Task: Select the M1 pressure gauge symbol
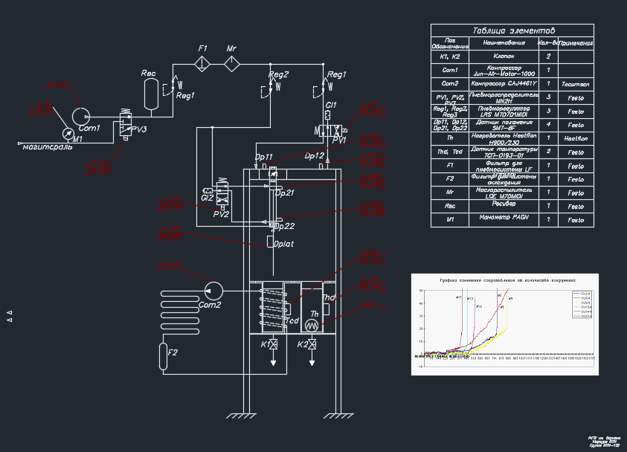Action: pyautogui.click(x=69, y=133)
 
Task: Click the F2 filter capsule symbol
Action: pyautogui.click(x=164, y=356)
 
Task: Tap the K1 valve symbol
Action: pyautogui.click(x=274, y=344)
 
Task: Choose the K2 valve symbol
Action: pyautogui.click(x=312, y=344)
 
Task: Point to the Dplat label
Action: pyautogui.click(x=283, y=243)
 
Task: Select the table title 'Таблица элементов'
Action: pyautogui.click(x=512, y=30)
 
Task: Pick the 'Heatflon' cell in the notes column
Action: pyautogui.click(x=576, y=138)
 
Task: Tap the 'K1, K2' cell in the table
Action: pyautogui.click(x=450, y=56)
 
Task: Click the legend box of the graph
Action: pyautogui.click(x=580, y=305)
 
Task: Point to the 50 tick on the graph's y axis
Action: pyautogui.click(x=420, y=291)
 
